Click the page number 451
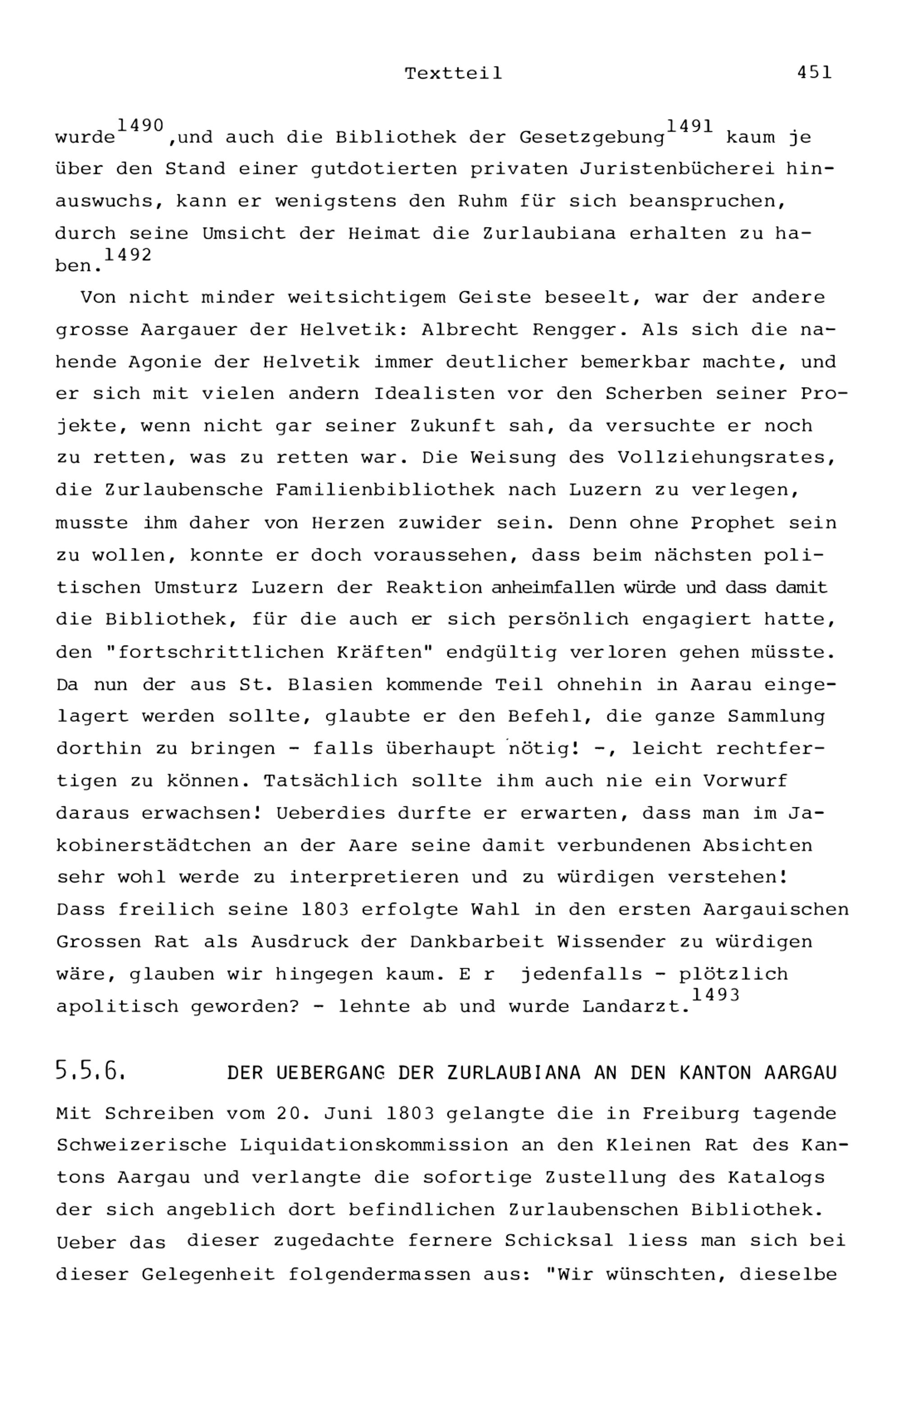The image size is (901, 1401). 814,73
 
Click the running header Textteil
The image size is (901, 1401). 453,74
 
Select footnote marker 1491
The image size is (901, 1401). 689,126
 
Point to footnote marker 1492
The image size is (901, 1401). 127,255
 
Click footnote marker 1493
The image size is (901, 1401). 715,995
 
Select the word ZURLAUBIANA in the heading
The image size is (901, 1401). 514,1073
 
